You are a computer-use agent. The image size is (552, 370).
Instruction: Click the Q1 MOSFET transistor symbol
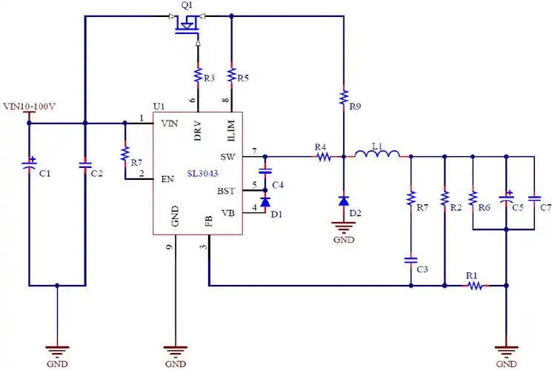click(187, 25)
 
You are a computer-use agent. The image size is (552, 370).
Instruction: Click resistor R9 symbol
click(343, 97)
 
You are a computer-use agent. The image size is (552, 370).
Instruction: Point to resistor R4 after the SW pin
click(322, 157)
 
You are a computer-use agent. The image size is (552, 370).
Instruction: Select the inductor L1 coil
click(377, 155)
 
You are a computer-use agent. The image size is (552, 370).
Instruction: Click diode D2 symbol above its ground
click(343, 201)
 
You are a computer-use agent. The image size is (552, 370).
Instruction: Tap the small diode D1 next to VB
click(265, 202)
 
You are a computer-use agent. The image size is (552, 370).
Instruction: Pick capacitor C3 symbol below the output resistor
click(410, 260)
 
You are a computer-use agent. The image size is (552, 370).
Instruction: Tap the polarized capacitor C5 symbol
click(506, 198)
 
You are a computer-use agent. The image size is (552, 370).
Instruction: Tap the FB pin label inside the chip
click(207, 221)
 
